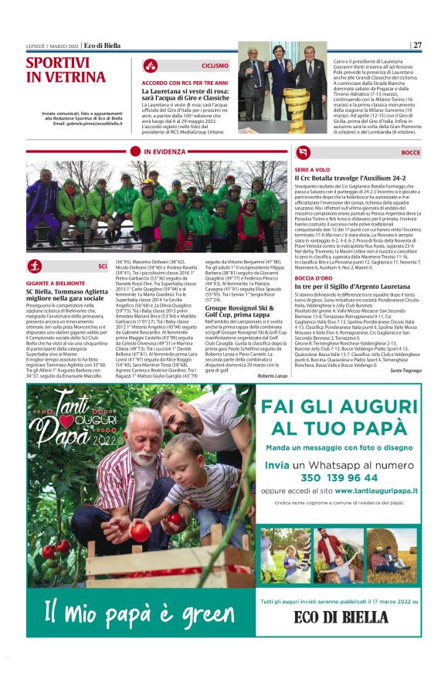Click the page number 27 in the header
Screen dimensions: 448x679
pyautogui.click(x=417, y=45)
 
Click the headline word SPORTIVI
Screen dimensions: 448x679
pyautogui.click(x=58, y=63)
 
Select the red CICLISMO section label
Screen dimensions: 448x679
pyautogui.click(x=215, y=66)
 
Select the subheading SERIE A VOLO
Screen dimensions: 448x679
pyautogui.click(x=313, y=169)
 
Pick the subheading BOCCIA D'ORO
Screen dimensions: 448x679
pyautogui.click(x=314, y=300)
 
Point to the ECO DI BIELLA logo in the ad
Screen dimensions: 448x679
pyautogui.click(x=341, y=616)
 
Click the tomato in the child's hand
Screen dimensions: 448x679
pyautogui.click(x=141, y=531)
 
